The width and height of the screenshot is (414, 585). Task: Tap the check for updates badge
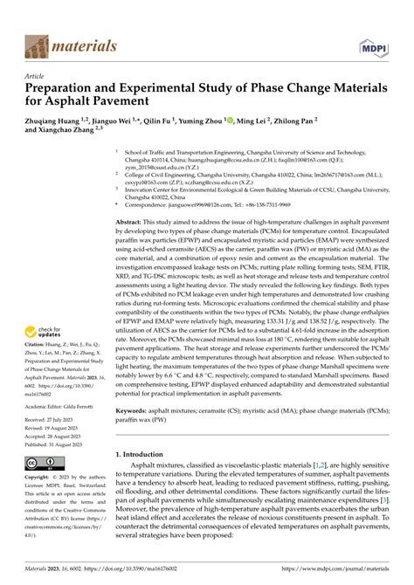click(x=43, y=334)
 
